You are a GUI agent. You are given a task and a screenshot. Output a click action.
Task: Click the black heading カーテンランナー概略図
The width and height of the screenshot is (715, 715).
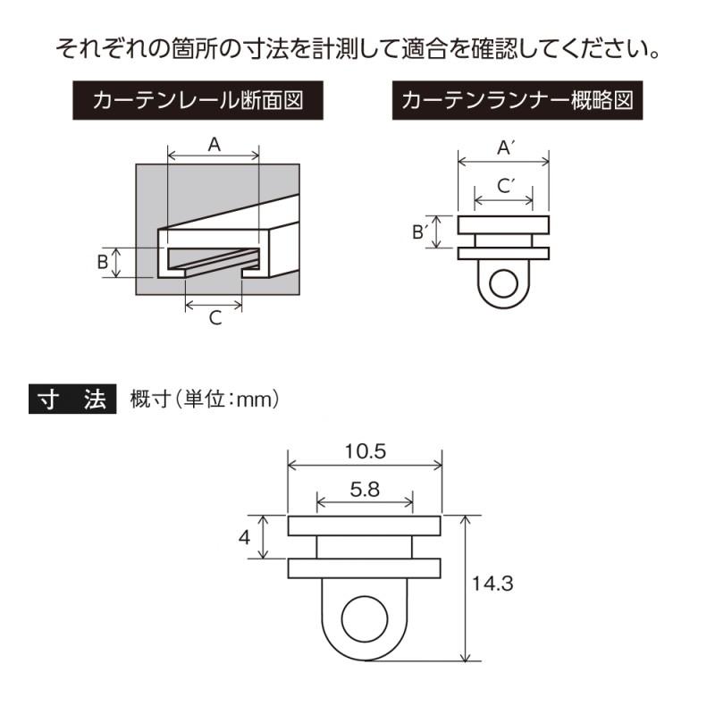[x=517, y=101]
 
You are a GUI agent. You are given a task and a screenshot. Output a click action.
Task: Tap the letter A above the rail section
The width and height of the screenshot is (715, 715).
[x=214, y=143]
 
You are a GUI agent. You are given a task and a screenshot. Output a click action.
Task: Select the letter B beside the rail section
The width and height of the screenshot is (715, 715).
[x=103, y=262]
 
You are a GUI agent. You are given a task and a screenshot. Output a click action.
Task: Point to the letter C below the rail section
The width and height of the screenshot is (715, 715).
[x=214, y=317]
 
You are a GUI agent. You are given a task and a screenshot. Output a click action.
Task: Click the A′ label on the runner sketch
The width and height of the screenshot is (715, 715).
[x=503, y=147]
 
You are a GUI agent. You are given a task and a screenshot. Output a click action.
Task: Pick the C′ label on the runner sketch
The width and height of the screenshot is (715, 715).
[x=504, y=185]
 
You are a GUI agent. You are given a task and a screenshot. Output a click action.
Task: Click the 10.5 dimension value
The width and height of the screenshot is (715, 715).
[x=365, y=451]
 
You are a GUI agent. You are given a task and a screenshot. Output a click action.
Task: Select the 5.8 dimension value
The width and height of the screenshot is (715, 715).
[x=365, y=489]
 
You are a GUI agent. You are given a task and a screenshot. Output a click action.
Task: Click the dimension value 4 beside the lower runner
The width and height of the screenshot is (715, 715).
[x=244, y=538]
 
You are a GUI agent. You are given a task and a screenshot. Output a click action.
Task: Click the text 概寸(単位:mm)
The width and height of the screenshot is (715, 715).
[x=206, y=399]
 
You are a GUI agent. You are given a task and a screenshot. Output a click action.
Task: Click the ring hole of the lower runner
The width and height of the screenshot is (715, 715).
[x=365, y=618]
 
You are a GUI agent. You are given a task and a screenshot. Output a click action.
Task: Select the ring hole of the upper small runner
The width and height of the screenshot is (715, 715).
[x=504, y=285]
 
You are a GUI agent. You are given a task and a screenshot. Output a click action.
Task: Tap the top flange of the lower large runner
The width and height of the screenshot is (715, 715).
[x=365, y=525]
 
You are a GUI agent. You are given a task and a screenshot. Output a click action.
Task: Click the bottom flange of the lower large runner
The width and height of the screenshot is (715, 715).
[x=365, y=568]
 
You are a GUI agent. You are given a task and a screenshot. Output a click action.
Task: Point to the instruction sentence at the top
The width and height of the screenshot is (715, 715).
[x=357, y=47]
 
